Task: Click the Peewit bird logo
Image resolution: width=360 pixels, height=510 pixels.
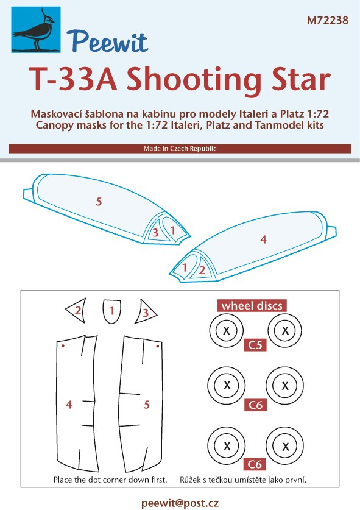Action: [36, 30]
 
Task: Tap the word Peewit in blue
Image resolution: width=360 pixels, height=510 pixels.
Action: [108, 41]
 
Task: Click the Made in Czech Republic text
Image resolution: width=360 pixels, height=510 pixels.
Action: [180, 149]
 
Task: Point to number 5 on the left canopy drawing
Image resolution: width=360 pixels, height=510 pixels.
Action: [99, 202]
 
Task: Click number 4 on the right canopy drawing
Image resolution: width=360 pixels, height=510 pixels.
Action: [263, 239]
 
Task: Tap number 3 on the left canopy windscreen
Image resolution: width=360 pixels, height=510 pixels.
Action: [155, 233]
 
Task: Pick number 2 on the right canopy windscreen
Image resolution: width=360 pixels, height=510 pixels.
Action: [202, 270]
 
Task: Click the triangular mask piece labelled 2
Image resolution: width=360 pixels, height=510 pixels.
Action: [77, 310]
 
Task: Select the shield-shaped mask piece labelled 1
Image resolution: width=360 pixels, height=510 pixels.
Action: [112, 311]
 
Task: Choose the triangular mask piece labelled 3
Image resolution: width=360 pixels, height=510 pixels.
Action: [145, 311]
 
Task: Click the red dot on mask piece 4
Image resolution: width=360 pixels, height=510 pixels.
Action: [63, 345]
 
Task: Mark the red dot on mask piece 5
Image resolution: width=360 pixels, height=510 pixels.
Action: [158, 346]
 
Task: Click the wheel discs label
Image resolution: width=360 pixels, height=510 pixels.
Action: [252, 306]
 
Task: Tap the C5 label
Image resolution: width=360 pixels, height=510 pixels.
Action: [255, 345]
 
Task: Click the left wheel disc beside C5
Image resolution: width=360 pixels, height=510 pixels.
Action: [227, 331]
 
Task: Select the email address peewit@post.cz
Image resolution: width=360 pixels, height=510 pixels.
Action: [180, 503]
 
